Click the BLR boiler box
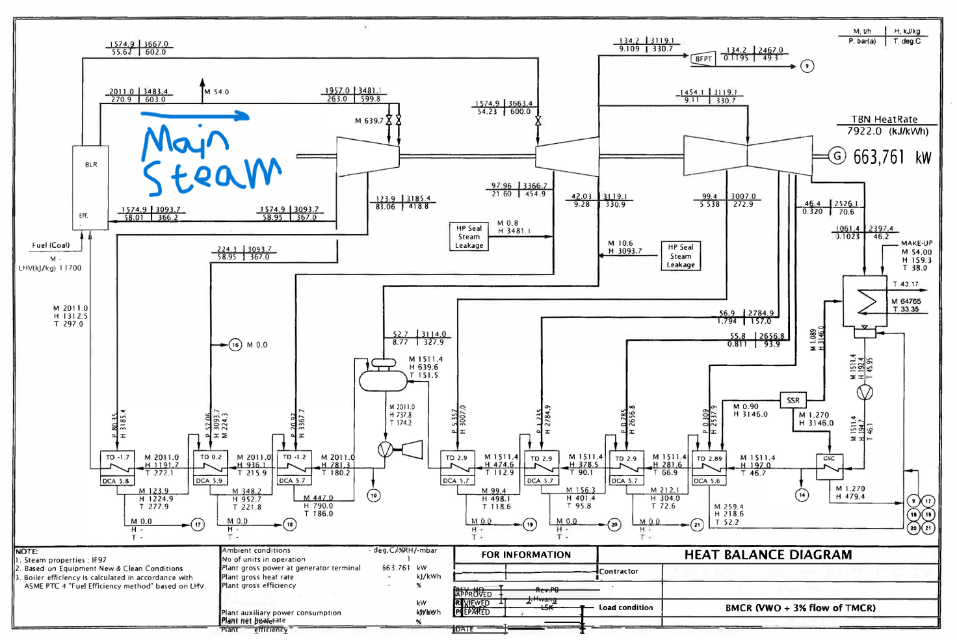(90, 187)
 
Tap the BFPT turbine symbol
(702, 58)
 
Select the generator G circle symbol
(837, 156)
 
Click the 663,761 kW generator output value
(892, 157)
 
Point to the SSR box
(793, 400)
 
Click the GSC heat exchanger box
(829, 464)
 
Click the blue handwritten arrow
(195, 116)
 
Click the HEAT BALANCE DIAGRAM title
(768, 555)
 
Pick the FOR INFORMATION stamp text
(526, 555)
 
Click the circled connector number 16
(235, 345)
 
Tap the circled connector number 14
(802, 495)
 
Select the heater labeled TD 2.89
(709, 464)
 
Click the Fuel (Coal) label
(51, 245)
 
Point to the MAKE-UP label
(916, 243)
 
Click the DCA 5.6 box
(706, 481)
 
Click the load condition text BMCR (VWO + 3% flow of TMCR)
(800, 608)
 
